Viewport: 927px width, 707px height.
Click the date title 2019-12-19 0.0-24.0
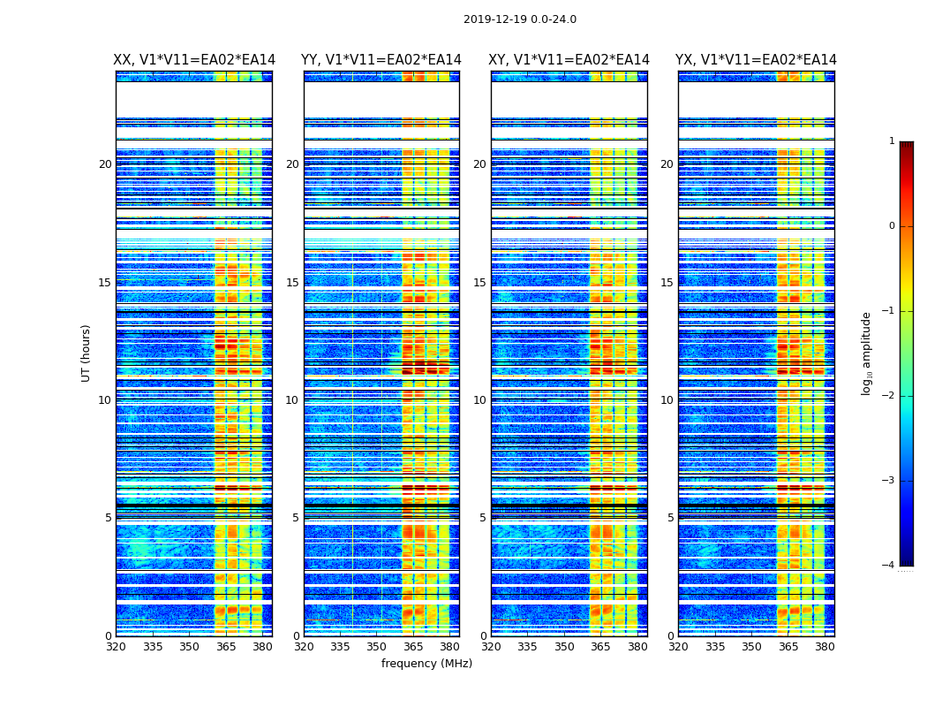pyautogui.click(x=520, y=19)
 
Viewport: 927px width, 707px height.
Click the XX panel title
pyautogui.click(x=194, y=60)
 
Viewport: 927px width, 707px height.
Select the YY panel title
pyautogui.click(x=381, y=60)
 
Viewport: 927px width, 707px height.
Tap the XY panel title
pyautogui.click(x=569, y=60)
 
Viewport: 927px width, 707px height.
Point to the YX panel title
pyautogui.click(x=756, y=60)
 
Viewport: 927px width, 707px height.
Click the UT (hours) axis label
pyautogui.click(x=87, y=353)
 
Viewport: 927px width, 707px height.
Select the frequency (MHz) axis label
pyautogui.click(x=426, y=664)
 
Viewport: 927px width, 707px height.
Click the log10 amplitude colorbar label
pyautogui.click(x=867, y=353)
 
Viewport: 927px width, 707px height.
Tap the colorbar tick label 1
pyautogui.click(x=892, y=141)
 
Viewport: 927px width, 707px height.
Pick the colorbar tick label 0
pyautogui.click(x=892, y=226)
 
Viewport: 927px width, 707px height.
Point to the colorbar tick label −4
pyautogui.click(x=889, y=566)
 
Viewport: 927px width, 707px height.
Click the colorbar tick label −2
pyautogui.click(x=889, y=396)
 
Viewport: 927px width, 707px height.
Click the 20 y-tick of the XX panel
pyautogui.click(x=105, y=164)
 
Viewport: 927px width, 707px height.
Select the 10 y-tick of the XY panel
pyautogui.click(x=479, y=400)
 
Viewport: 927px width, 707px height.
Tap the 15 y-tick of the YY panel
pyautogui.click(x=292, y=283)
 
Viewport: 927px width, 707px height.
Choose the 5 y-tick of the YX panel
pyautogui.click(x=670, y=518)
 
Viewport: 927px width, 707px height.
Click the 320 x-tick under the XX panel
pyautogui.click(x=116, y=647)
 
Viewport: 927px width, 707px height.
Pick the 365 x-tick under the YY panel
pyautogui.click(x=413, y=647)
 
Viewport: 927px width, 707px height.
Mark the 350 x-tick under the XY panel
pyautogui.click(x=564, y=647)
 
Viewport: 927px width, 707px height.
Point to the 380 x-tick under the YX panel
pyautogui.click(x=825, y=647)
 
